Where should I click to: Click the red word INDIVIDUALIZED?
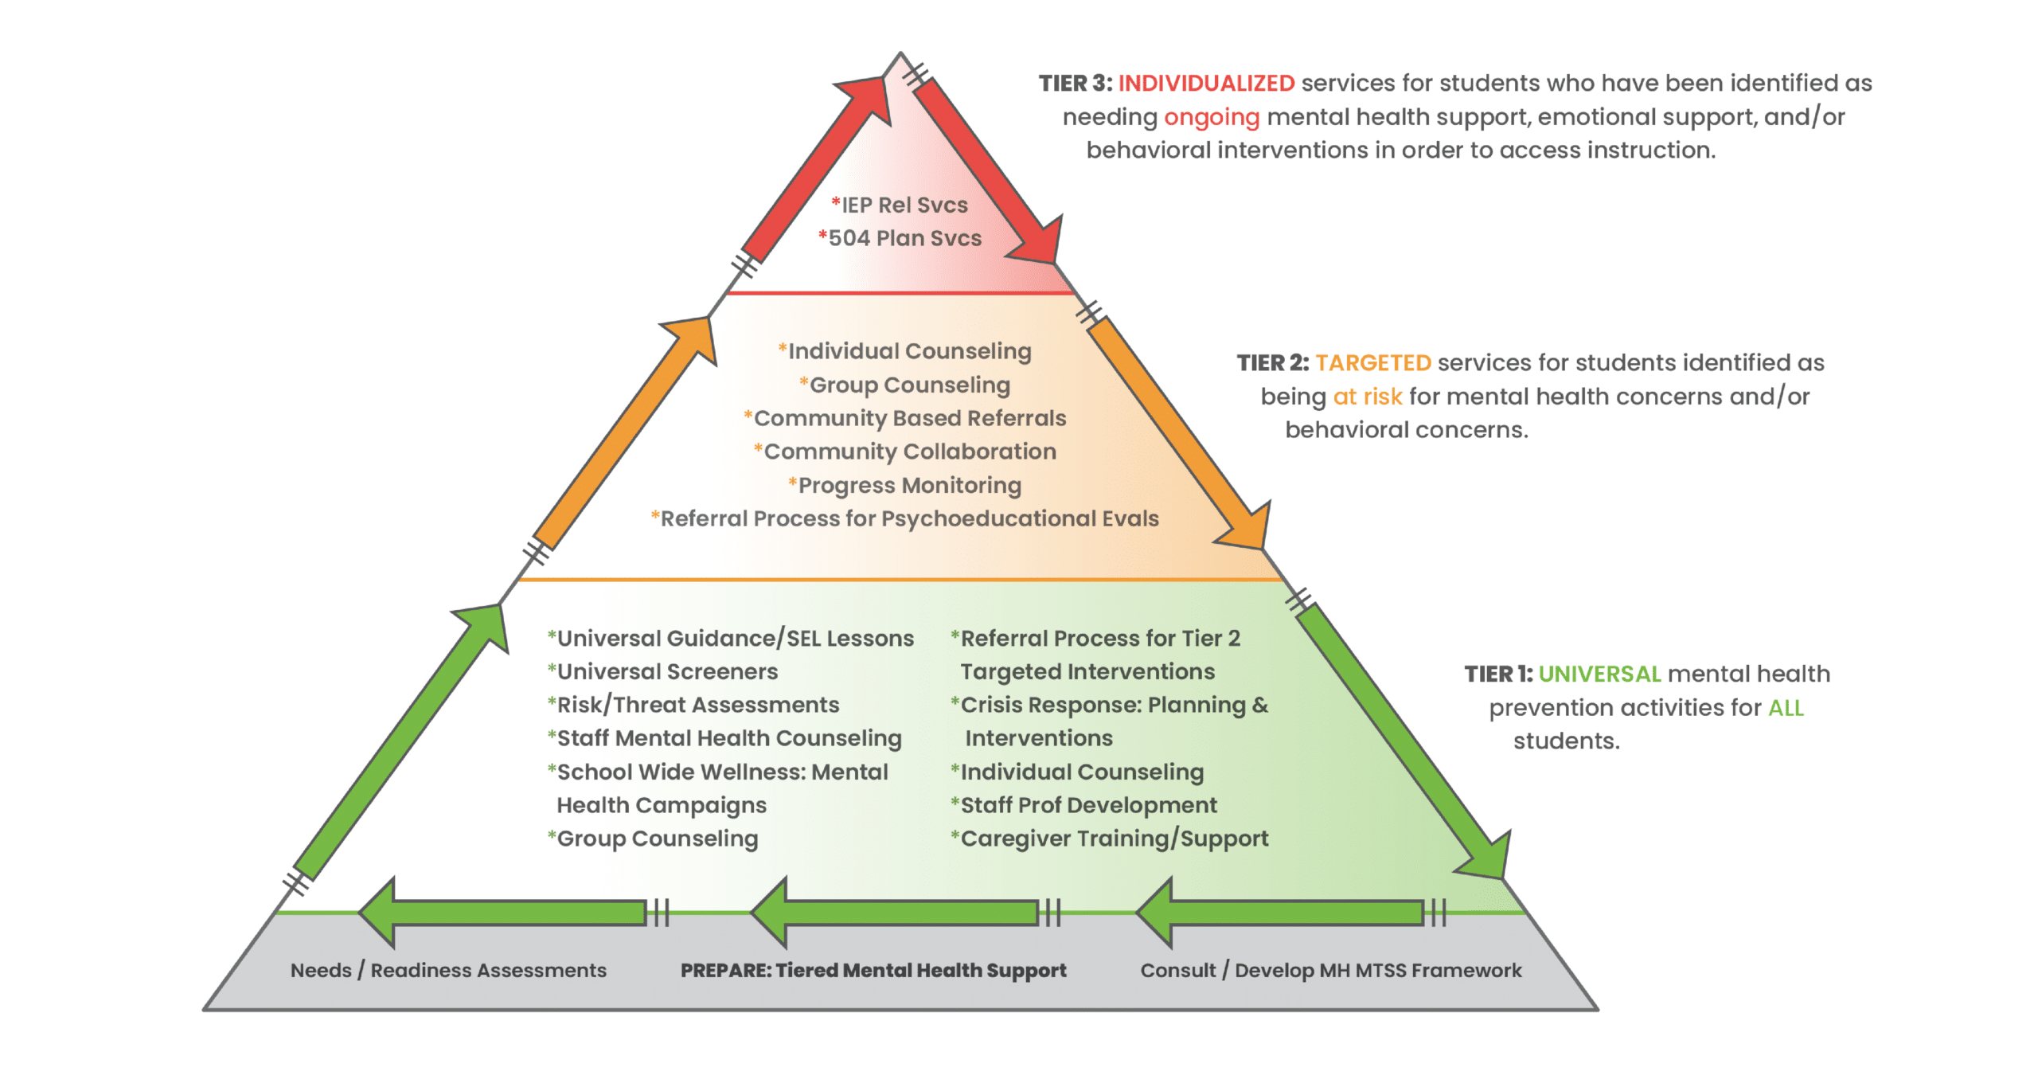(1205, 83)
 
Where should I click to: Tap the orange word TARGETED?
(1372, 363)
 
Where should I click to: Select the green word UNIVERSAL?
(1599, 674)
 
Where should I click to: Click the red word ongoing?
(1211, 117)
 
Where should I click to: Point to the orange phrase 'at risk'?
(1367, 397)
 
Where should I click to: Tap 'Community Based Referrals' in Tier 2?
(905, 418)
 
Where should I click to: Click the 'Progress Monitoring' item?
(905, 485)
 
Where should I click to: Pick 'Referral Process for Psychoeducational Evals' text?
(905, 518)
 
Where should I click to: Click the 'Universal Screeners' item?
(663, 671)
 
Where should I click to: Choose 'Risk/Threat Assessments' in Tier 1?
(693, 705)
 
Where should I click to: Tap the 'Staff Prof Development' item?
(1084, 805)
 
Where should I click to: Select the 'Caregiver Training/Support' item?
(1110, 839)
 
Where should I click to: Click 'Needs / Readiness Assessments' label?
(448, 970)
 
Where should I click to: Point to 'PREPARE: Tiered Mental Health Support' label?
(873, 970)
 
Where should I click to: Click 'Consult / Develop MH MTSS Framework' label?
(1330, 970)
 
